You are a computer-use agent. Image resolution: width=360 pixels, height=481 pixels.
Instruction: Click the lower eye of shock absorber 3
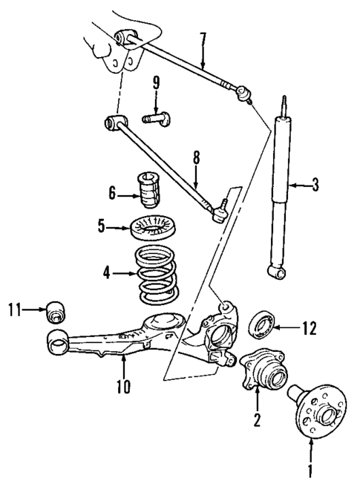(x=279, y=275)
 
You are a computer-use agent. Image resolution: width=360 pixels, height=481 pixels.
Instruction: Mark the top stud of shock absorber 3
(x=284, y=104)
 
